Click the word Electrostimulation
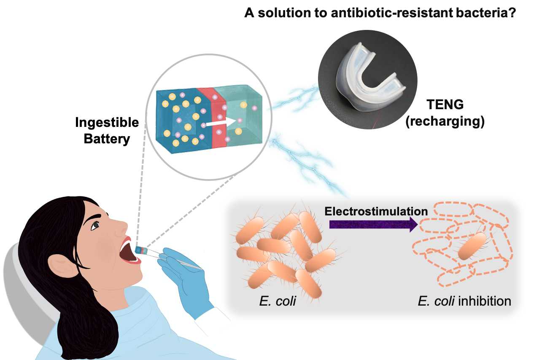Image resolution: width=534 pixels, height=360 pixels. click(376, 211)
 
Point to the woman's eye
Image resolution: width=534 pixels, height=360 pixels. click(96, 226)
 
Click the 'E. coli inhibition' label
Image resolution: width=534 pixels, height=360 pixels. click(464, 302)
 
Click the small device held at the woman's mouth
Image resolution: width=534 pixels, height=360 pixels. click(141, 250)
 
